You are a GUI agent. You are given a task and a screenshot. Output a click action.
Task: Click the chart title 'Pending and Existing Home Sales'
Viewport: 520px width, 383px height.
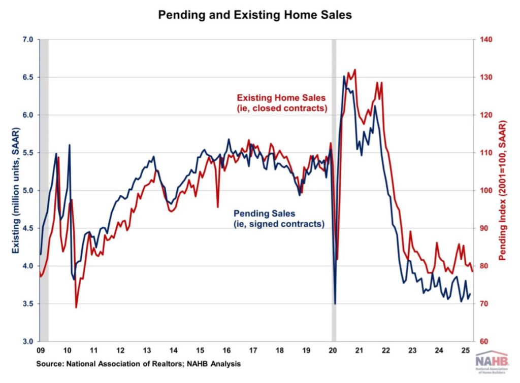254,15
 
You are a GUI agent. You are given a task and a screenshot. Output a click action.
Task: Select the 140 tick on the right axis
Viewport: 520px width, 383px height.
483,40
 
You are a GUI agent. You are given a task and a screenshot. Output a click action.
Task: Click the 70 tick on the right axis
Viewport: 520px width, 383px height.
481,304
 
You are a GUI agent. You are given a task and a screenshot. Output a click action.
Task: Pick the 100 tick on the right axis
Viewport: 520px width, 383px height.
483,191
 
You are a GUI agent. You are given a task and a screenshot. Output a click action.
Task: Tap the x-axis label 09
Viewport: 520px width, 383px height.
41,350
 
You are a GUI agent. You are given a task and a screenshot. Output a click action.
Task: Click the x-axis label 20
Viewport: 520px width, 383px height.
334,350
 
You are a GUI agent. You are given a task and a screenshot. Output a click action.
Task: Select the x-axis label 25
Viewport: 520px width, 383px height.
464,350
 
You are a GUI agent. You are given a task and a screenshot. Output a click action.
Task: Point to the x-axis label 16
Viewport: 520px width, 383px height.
226,350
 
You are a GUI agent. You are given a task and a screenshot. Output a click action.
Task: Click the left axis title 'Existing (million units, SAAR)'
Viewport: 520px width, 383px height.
15,190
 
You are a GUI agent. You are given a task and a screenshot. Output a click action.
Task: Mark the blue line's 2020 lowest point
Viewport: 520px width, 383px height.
335,304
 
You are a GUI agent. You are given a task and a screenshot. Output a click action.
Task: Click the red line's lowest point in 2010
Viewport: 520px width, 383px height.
76,307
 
